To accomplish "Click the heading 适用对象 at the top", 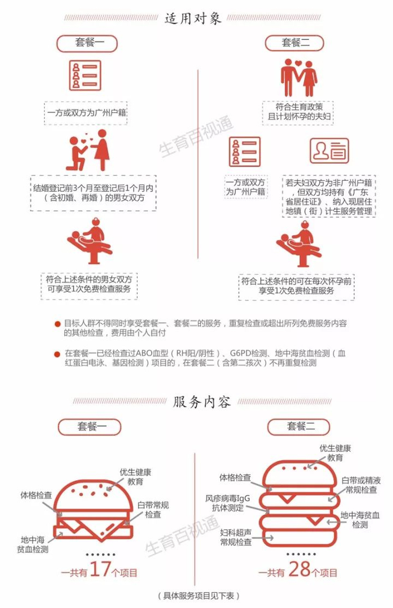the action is [193, 18].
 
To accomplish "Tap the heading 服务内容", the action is [202, 402].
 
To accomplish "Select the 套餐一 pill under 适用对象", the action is [87, 43].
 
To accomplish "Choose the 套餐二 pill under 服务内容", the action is [298, 427].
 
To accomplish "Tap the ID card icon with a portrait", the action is [329, 151].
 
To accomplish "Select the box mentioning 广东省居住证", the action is [328, 196].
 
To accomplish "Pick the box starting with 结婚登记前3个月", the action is [93, 193].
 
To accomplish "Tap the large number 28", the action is [299, 569].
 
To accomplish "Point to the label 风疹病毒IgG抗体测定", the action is [228, 503].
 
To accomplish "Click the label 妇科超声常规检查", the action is [236, 537].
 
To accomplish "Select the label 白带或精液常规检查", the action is [361, 485].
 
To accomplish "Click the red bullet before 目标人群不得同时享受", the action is [57, 324].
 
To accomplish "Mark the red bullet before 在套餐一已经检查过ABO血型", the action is [57, 354].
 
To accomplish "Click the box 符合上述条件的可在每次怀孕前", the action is [296, 286].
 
